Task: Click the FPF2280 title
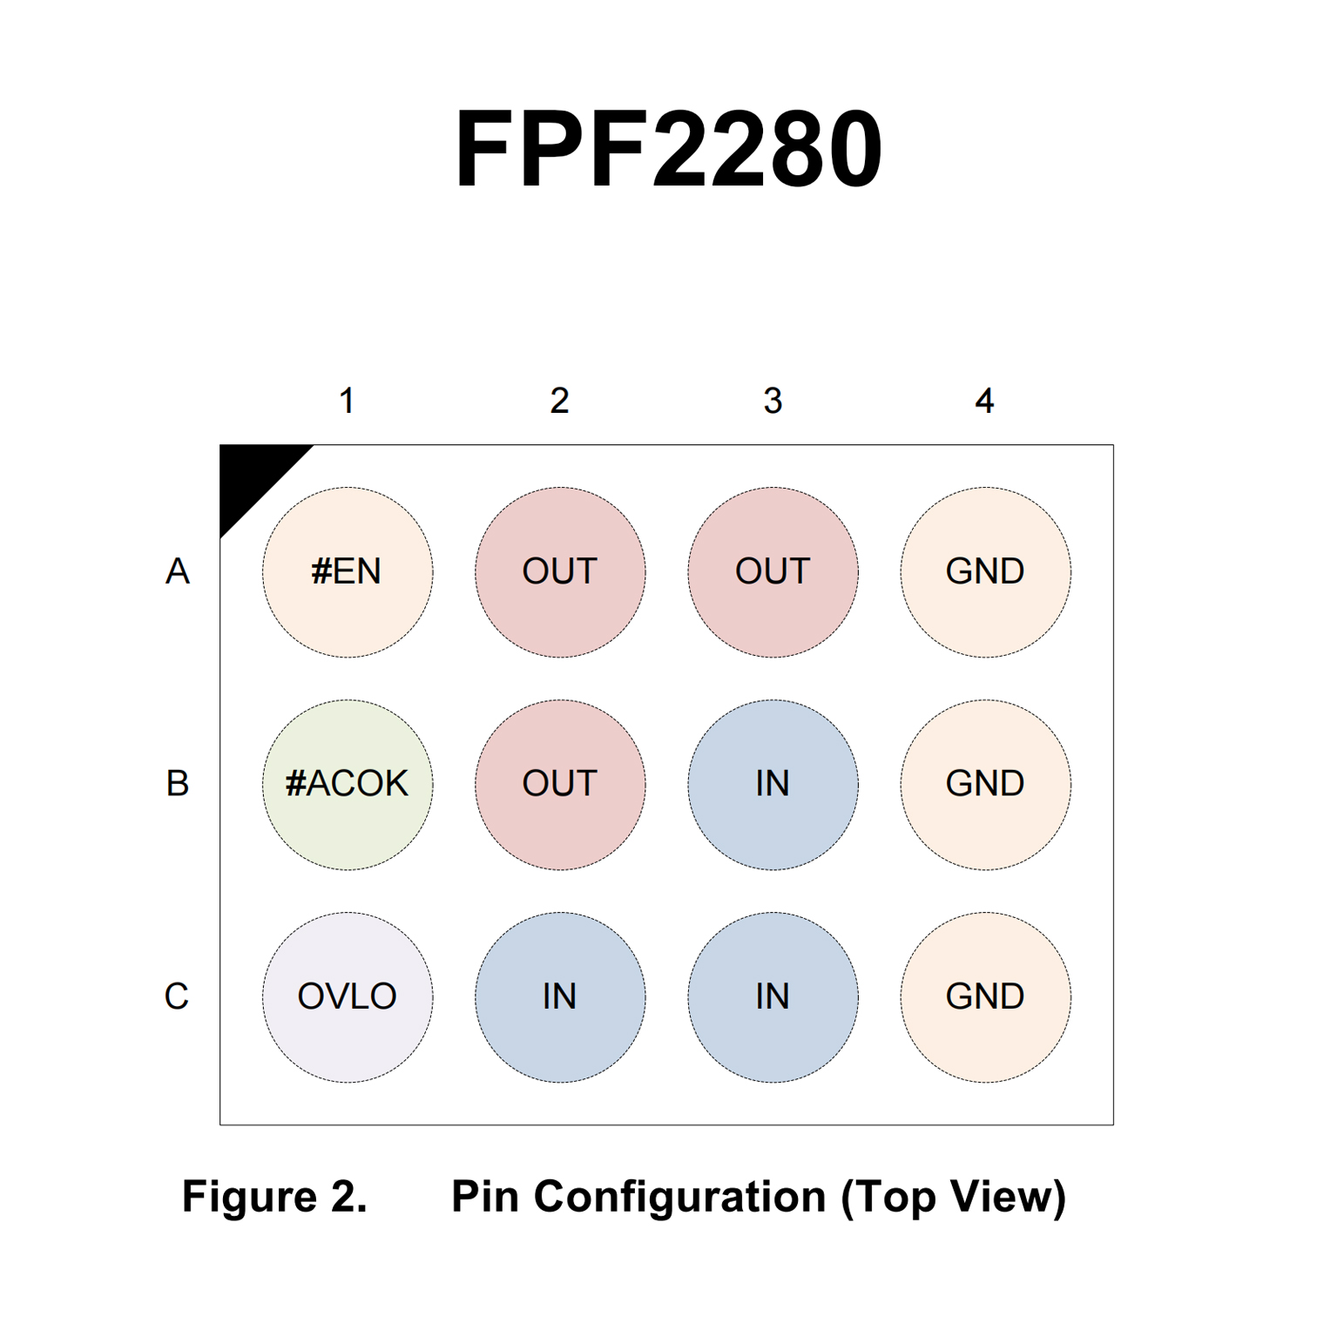pos(668,148)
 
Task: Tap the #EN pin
pos(348,571)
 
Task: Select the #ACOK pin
pos(348,784)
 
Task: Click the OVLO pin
pos(348,996)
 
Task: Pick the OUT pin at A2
pos(560,571)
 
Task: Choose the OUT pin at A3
pos(773,571)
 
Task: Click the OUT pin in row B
pos(560,784)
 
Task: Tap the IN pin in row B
pos(773,784)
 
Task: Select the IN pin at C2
pos(560,996)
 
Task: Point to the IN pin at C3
pos(773,996)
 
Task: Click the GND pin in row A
pos(985,571)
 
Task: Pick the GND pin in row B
pos(985,784)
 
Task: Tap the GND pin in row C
pos(985,996)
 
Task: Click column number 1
pos(347,401)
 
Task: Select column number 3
pos(773,401)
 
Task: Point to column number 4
pos(984,401)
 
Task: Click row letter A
pos(178,571)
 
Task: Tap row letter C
pos(177,996)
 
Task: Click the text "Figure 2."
pos(274,1196)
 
